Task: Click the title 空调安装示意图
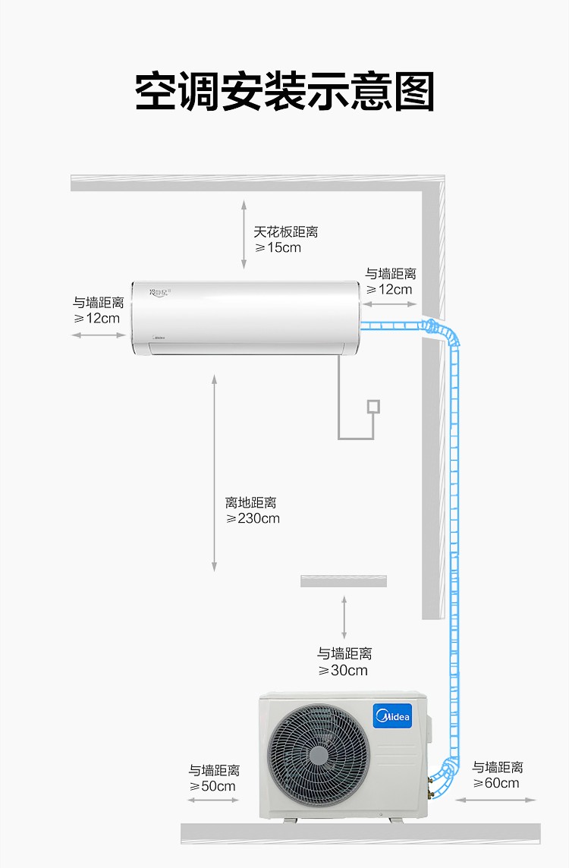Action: pos(284,91)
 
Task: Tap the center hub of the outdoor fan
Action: pos(319,755)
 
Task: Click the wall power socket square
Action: pos(373,407)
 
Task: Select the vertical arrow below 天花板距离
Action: pos(244,234)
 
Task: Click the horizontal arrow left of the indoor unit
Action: pos(99,335)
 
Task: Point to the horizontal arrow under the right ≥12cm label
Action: pos(390,304)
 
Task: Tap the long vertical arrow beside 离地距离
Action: pos(214,473)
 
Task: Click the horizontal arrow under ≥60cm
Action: pos(496,800)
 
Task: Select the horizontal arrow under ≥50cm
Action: pos(214,800)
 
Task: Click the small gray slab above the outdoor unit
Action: pos(344,580)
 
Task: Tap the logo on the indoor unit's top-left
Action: pos(160,291)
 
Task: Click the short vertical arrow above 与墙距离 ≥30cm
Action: pos(344,617)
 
